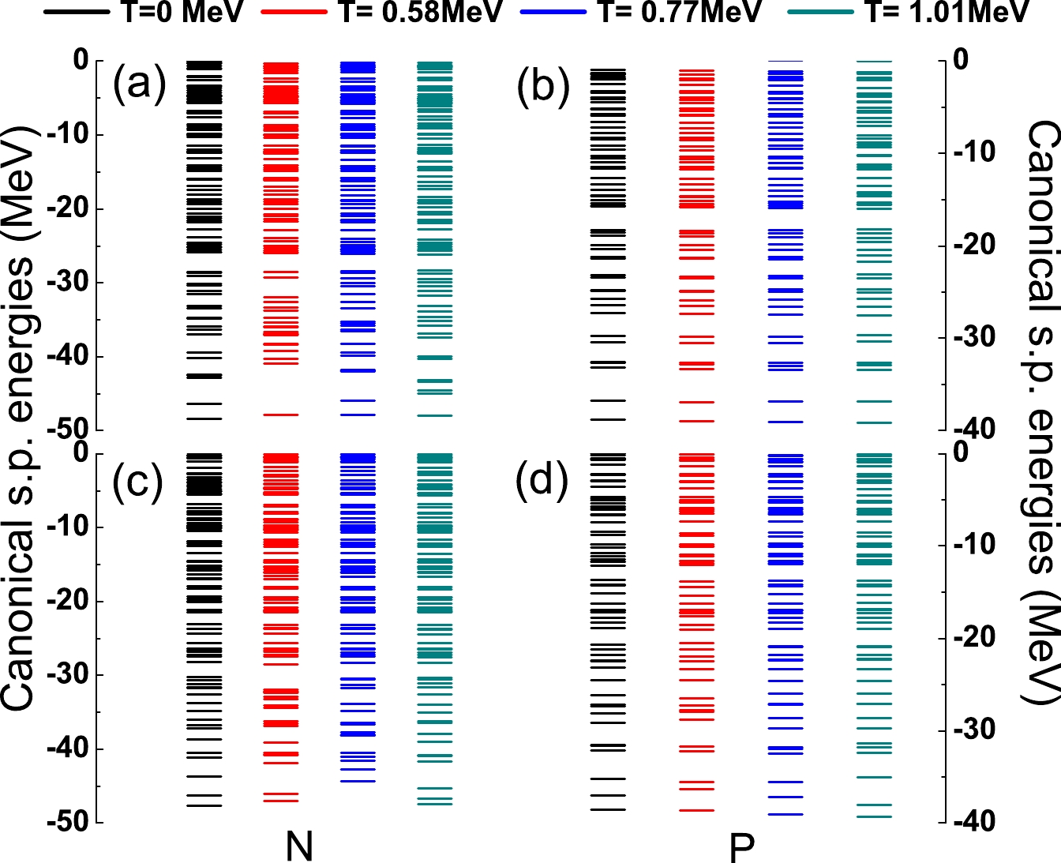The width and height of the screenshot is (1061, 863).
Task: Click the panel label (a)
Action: (x=139, y=84)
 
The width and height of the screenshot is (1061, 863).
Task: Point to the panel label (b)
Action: (x=543, y=87)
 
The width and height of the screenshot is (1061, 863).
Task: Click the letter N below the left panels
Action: (x=299, y=846)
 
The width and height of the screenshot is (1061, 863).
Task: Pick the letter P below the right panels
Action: (x=741, y=848)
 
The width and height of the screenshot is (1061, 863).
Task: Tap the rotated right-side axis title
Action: (x=1042, y=411)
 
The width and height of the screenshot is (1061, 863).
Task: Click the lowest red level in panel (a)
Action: (x=280, y=415)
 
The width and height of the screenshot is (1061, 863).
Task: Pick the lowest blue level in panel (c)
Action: (x=358, y=782)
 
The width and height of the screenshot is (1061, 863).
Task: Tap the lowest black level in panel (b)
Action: (x=608, y=419)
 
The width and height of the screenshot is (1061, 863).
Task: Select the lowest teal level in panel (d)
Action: (x=874, y=816)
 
